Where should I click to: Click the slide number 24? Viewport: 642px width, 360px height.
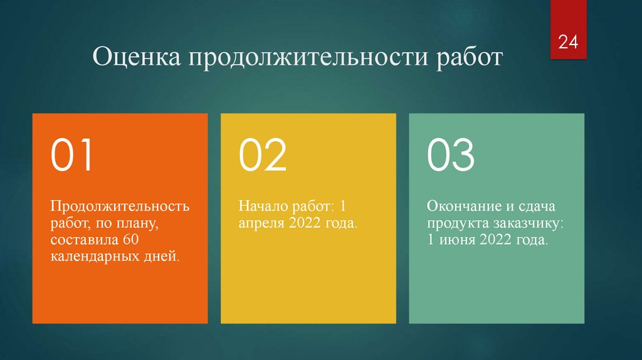[568, 43]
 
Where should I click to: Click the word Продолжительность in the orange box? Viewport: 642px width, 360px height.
[120, 206]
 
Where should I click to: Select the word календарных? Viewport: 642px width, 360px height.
[92, 256]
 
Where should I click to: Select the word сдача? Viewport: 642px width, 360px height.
[542, 206]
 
